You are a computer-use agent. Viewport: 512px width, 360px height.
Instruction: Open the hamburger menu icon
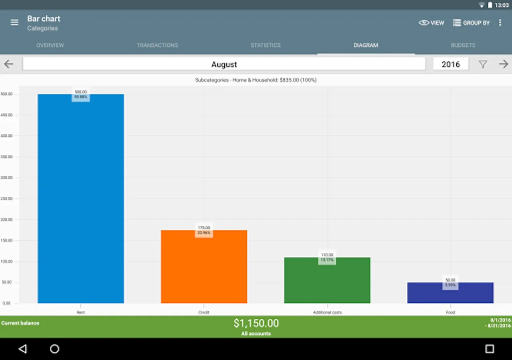pyautogui.click(x=14, y=23)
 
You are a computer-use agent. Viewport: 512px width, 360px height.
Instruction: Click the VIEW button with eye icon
pyautogui.click(x=431, y=23)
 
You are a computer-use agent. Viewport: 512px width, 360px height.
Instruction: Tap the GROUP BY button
pyautogui.click(x=471, y=23)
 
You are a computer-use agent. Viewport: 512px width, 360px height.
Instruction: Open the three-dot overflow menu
pyautogui.click(x=500, y=23)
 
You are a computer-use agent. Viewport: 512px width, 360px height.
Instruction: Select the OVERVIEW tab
pyautogui.click(x=50, y=45)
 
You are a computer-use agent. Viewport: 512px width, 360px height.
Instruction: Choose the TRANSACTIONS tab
pyautogui.click(x=158, y=45)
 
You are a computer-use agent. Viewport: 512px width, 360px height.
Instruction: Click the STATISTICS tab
pyautogui.click(x=266, y=45)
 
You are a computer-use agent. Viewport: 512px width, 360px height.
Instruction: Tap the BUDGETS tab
pyautogui.click(x=463, y=45)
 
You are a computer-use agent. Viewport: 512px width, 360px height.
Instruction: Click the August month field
pyautogui.click(x=224, y=64)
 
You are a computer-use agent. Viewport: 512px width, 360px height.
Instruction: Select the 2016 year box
pyautogui.click(x=451, y=64)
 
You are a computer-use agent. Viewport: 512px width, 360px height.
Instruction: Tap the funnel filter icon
pyautogui.click(x=483, y=64)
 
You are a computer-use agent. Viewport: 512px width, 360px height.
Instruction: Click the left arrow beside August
pyautogui.click(x=8, y=64)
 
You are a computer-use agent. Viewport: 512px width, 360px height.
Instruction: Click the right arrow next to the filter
pyautogui.click(x=503, y=64)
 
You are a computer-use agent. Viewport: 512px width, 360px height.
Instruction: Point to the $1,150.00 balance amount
pyautogui.click(x=256, y=323)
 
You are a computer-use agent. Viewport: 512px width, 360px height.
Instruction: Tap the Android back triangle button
pyautogui.click(x=23, y=349)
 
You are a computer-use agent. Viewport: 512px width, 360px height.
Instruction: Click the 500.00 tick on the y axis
pyautogui.click(x=7, y=94)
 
